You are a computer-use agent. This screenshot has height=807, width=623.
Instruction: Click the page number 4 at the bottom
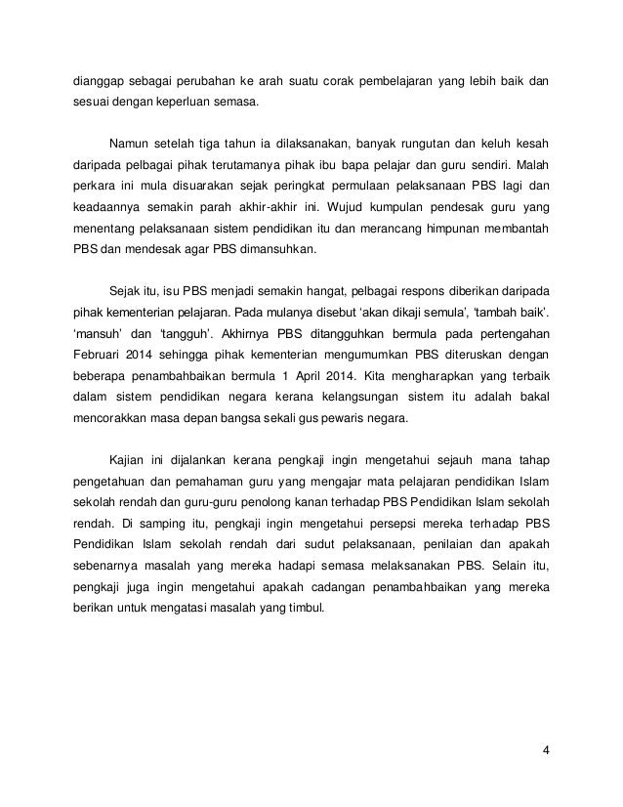[546, 750]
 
